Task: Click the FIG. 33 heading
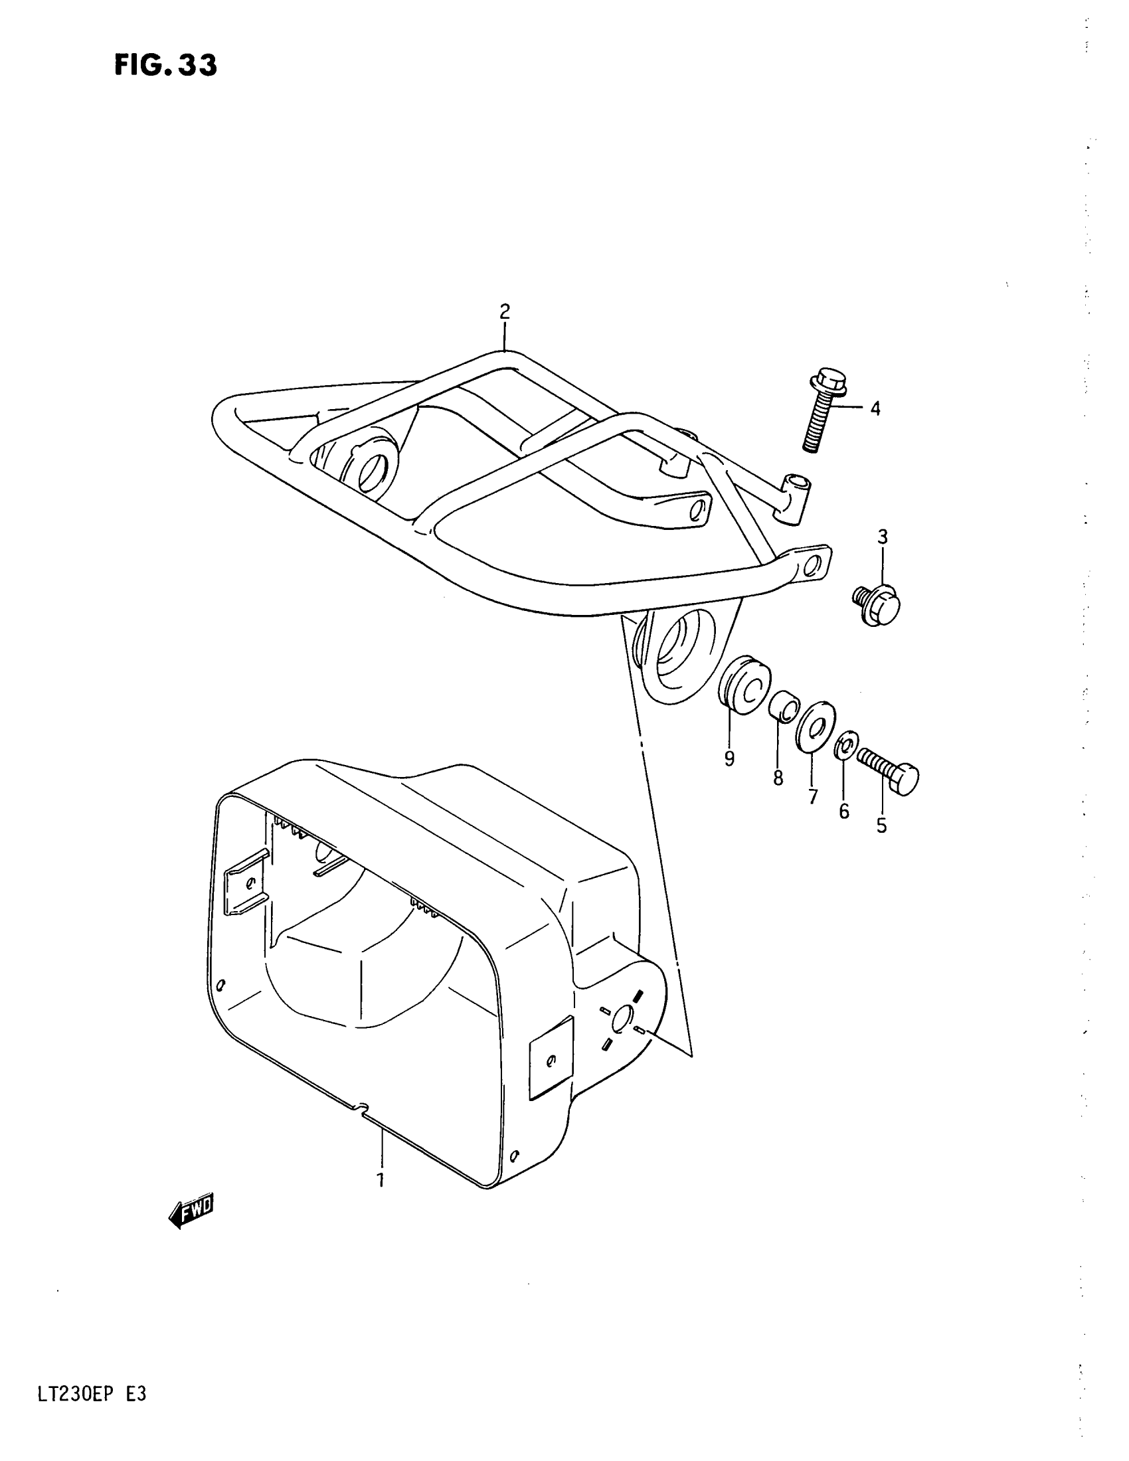[165, 66]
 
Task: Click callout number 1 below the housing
[381, 1179]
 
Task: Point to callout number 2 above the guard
[504, 311]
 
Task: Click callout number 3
[882, 537]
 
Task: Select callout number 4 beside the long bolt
[875, 408]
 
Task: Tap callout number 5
[881, 826]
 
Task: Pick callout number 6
[844, 812]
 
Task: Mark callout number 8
[778, 778]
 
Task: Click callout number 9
[729, 758]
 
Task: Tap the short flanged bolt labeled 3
[877, 604]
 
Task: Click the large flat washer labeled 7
[815, 727]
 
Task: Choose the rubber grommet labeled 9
[744, 687]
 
